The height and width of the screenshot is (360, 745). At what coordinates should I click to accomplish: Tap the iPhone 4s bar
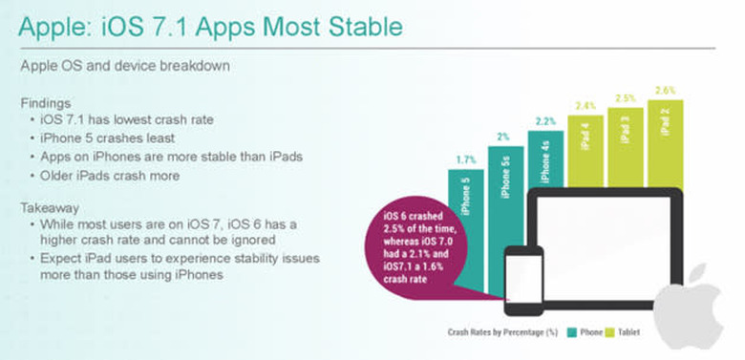545,162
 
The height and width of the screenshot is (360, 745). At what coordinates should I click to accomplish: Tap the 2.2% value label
545,122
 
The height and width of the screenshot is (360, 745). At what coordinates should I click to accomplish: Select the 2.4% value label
585,106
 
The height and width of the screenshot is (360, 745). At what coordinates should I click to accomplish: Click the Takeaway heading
53,205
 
